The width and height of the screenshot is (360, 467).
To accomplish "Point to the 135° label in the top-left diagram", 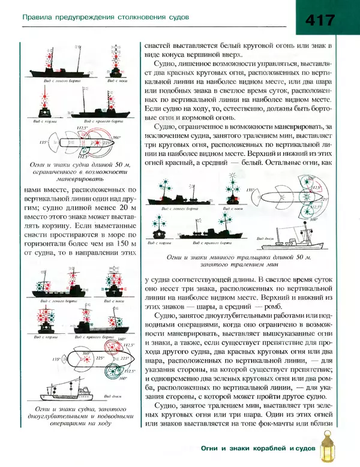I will [43, 143].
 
